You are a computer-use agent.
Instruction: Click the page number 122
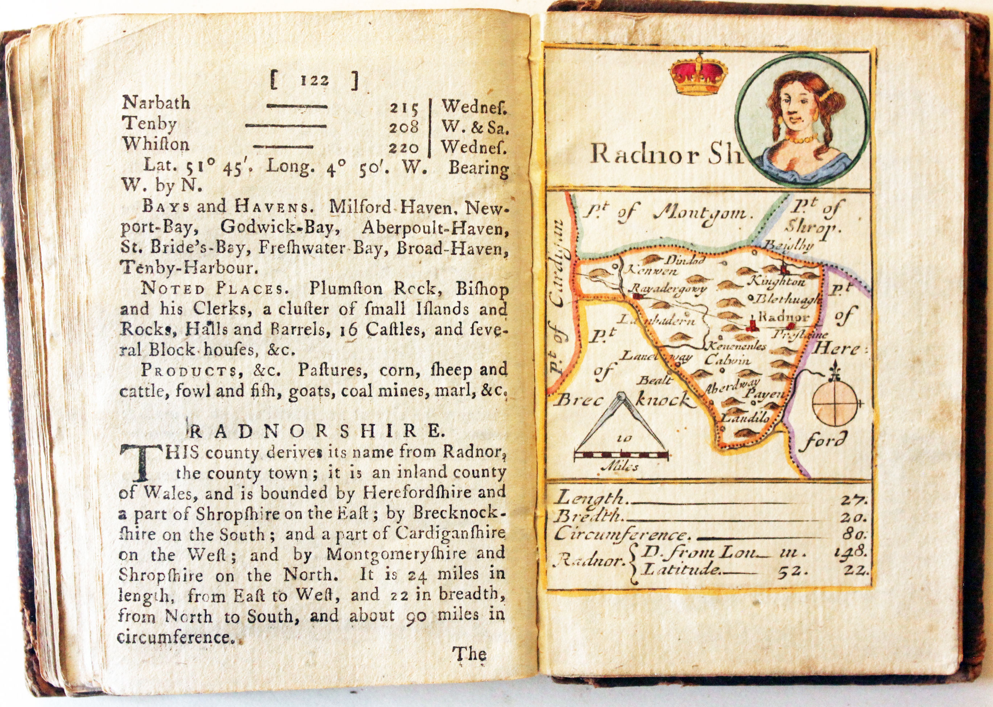314,81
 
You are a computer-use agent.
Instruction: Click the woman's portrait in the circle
803,121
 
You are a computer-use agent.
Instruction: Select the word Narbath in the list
156,103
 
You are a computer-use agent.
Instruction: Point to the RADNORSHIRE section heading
315,431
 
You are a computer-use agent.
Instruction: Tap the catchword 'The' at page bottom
469,654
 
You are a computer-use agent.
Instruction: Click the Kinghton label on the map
777,282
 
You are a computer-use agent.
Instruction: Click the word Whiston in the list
156,144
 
